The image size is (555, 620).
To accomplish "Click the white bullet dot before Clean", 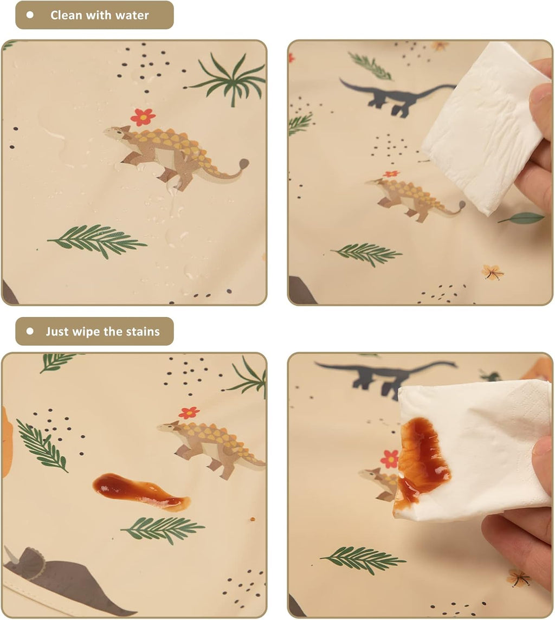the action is click(x=30, y=15).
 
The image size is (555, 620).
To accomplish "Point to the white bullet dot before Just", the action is click(x=30, y=331).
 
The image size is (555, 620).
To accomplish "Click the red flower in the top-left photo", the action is click(x=143, y=117).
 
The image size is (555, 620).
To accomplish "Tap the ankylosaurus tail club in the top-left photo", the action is click(x=244, y=163).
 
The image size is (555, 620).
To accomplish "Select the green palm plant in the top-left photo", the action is click(x=228, y=80).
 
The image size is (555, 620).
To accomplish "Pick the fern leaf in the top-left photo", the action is click(x=97, y=241).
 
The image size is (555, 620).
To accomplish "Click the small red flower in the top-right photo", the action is click(x=391, y=174).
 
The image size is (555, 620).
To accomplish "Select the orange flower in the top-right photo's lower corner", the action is click(x=492, y=272).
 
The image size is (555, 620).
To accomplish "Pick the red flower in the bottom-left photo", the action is click(x=189, y=413).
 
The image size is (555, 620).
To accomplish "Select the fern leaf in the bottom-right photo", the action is click(x=363, y=559).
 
